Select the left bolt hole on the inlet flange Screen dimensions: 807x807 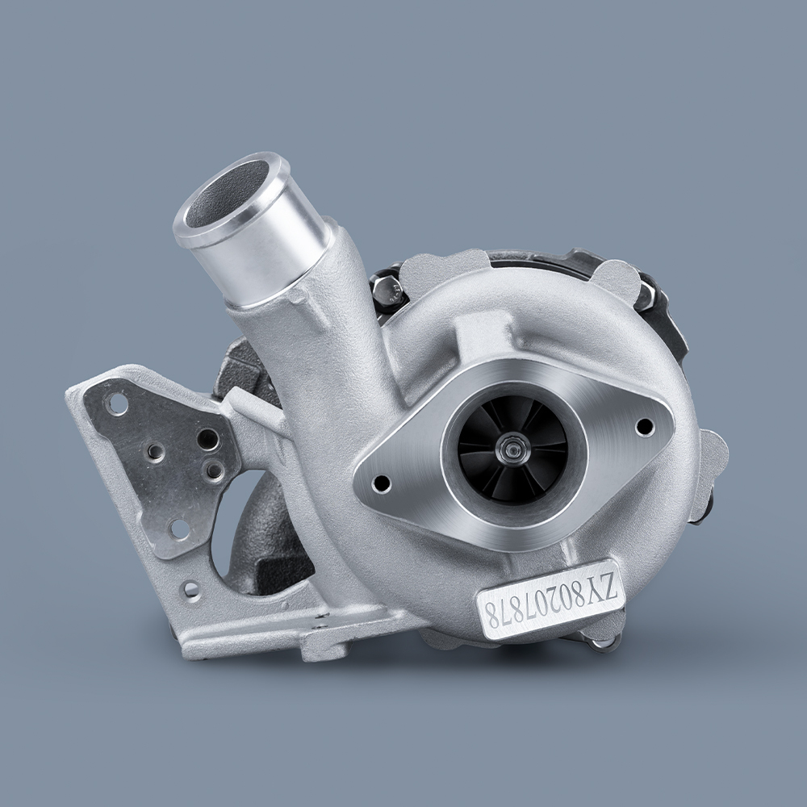coord(383,483)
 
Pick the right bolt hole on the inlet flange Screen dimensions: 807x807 coord(643,426)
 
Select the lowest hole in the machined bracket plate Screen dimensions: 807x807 coord(179,529)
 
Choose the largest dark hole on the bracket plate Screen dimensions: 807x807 coord(207,440)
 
